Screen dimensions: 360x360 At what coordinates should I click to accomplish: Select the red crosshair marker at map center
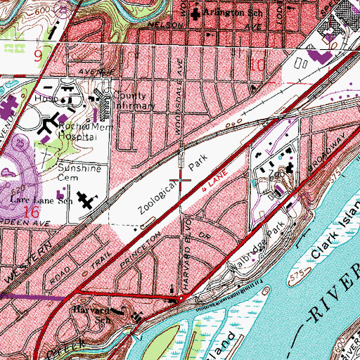pyautogui.click(x=180, y=180)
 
